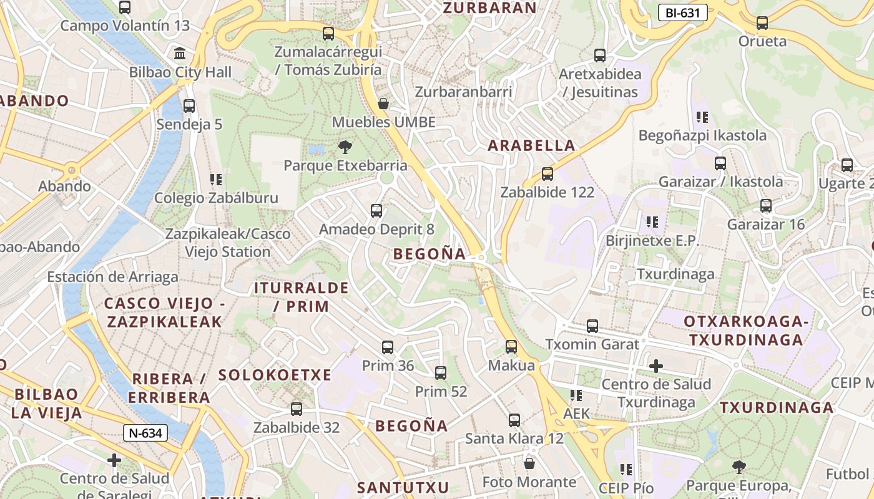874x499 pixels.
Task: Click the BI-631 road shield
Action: (682, 12)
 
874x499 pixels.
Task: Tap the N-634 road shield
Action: (145, 433)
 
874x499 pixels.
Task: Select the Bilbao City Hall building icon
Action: (180, 53)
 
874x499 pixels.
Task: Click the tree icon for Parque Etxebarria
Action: (345, 147)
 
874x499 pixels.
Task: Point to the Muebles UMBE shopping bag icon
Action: (383, 104)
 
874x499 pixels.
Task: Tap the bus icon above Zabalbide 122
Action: (547, 174)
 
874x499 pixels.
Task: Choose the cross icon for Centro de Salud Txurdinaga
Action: (655, 366)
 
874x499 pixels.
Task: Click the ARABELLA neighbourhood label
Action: (531, 145)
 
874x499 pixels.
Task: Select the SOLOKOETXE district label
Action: (275, 375)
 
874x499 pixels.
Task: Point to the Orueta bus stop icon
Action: (762, 23)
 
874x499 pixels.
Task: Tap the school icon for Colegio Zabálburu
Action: (216, 180)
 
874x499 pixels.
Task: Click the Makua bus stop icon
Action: (511, 347)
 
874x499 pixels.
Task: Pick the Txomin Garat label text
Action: (592, 344)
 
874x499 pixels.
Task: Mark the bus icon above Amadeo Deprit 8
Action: (376, 211)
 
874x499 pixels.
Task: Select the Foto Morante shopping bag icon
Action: (529, 463)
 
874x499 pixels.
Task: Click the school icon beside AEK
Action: (576, 395)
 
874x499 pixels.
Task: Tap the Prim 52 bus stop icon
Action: (441, 373)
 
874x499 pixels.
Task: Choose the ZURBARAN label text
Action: (489, 7)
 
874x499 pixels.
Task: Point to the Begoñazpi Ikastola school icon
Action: (702, 117)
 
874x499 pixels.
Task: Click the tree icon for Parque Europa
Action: (739, 467)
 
